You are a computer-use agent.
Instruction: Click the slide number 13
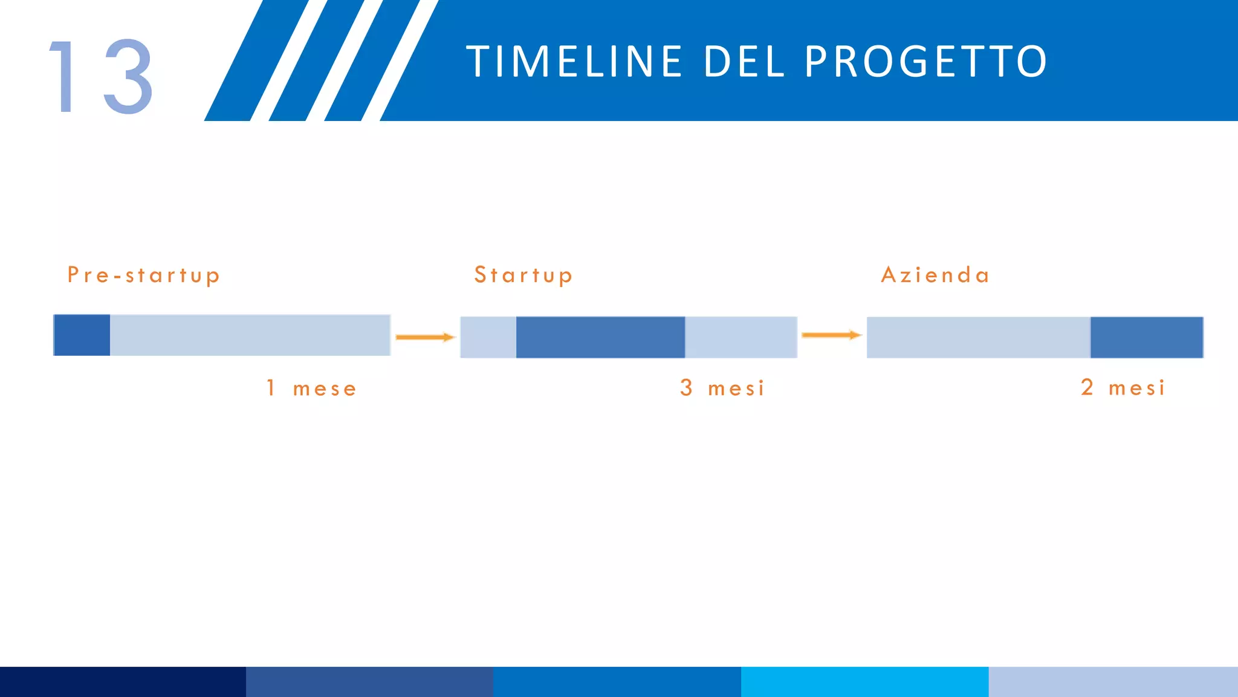tap(102, 77)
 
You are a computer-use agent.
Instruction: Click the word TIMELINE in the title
tap(574, 62)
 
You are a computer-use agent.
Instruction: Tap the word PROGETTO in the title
tap(925, 62)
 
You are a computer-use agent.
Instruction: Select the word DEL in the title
tap(744, 62)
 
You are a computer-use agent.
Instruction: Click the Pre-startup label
tap(143, 275)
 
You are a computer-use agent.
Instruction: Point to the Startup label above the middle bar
tap(523, 275)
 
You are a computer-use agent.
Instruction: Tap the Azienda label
tap(935, 275)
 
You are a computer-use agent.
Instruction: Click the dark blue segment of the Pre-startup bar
tap(82, 335)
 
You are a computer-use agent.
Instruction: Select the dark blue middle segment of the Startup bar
tap(600, 337)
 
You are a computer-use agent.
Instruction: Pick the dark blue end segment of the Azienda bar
tap(1146, 337)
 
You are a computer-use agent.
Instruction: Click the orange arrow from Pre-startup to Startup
tap(425, 337)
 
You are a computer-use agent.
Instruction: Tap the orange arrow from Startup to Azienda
tap(831, 335)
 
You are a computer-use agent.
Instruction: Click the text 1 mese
tap(312, 388)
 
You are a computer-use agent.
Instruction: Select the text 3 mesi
tap(722, 388)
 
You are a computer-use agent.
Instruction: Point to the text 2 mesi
tap(1123, 388)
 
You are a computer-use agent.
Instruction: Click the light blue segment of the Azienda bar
tap(978, 337)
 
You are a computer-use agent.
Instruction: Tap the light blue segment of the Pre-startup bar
tap(250, 335)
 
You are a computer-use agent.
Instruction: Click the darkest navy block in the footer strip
tap(123, 682)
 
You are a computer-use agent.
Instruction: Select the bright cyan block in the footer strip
tap(864, 682)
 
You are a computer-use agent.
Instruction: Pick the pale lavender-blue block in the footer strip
tap(1113, 682)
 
